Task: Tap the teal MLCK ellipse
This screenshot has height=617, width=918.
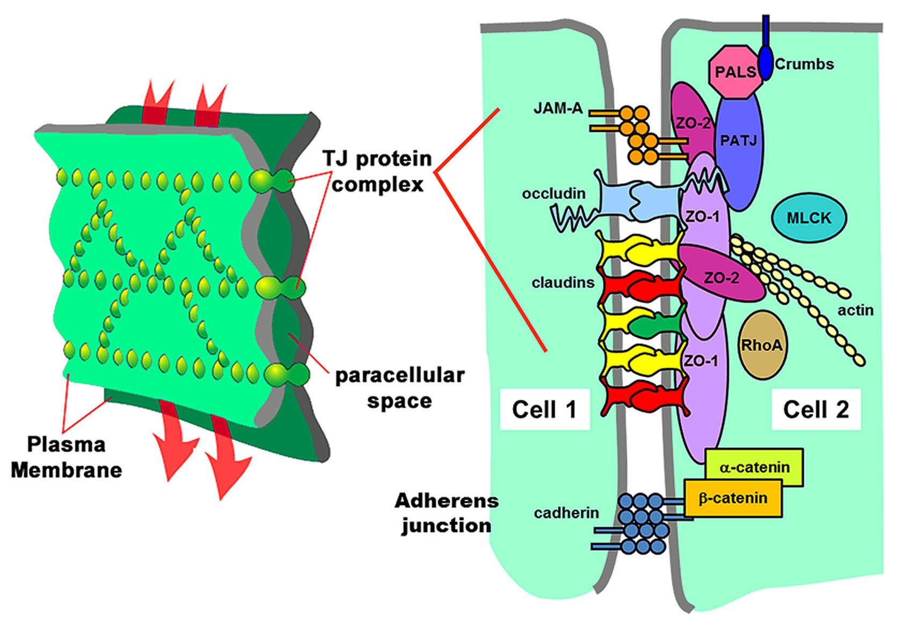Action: pyautogui.click(x=808, y=218)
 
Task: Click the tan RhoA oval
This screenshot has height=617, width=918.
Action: pyautogui.click(x=761, y=345)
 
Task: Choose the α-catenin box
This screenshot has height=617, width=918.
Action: pyautogui.click(x=754, y=467)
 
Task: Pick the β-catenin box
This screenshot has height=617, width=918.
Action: pyautogui.click(x=733, y=498)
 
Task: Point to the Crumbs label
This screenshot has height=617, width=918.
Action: pyautogui.click(x=804, y=64)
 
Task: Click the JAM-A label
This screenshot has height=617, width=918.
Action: pyautogui.click(x=558, y=108)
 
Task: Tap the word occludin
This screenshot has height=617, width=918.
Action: pyautogui.click(x=553, y=193)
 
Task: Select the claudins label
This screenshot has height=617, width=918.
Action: pyautogui.click(x=563, y=282)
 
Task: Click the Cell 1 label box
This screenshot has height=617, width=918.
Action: pyautogui.click(x=544, y=409)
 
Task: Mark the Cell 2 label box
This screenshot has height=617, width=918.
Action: pyautogui.click(x=815, y=409)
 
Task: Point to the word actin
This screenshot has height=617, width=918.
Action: pyautogui.click(x=855, y=310)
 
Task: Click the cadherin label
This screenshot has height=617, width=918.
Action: pyautogui.click(x=566, y=512)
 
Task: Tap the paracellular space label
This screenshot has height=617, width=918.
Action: pyautogui.click(x=399, y=387)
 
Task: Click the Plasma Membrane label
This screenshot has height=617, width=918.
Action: pyautogui.click(x=66, y=457)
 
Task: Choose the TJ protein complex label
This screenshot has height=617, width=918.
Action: pyautogui.click(x=377, y=171)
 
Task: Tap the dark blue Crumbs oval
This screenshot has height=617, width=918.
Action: pyautogui.click(x=766, y=60)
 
